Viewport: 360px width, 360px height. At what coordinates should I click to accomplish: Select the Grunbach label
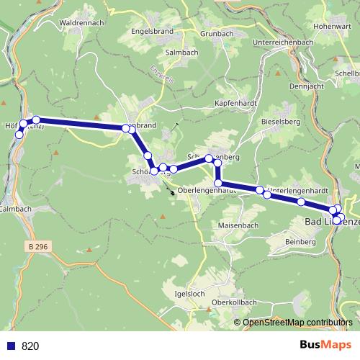(218, 33)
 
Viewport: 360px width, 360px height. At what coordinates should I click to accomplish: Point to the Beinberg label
(300, 242)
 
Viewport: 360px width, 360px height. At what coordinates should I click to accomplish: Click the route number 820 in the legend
(30, 346)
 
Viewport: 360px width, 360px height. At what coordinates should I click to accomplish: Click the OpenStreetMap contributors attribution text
(296, 322)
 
